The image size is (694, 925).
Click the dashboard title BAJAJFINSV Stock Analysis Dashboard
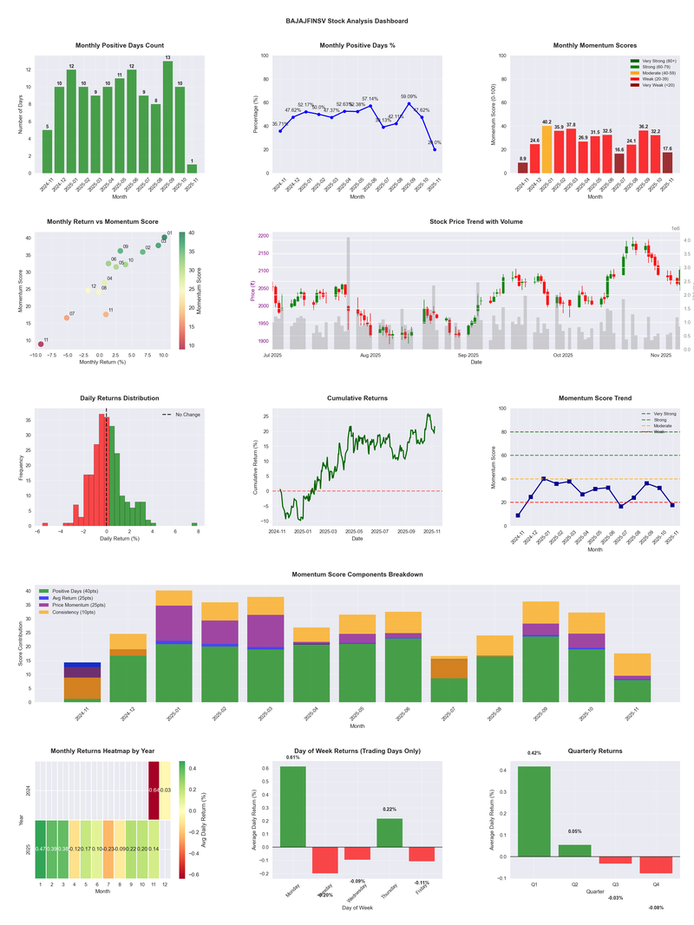(347, 20)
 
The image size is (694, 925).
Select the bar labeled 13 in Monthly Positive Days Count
(167, 117)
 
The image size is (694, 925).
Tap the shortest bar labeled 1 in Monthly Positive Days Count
(192, 168)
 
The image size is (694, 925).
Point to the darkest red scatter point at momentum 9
(41, 344)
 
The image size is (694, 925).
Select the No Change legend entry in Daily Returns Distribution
(181, 415)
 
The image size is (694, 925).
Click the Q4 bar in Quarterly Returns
(656, 864)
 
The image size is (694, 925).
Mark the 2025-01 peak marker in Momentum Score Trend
(543, 478)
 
